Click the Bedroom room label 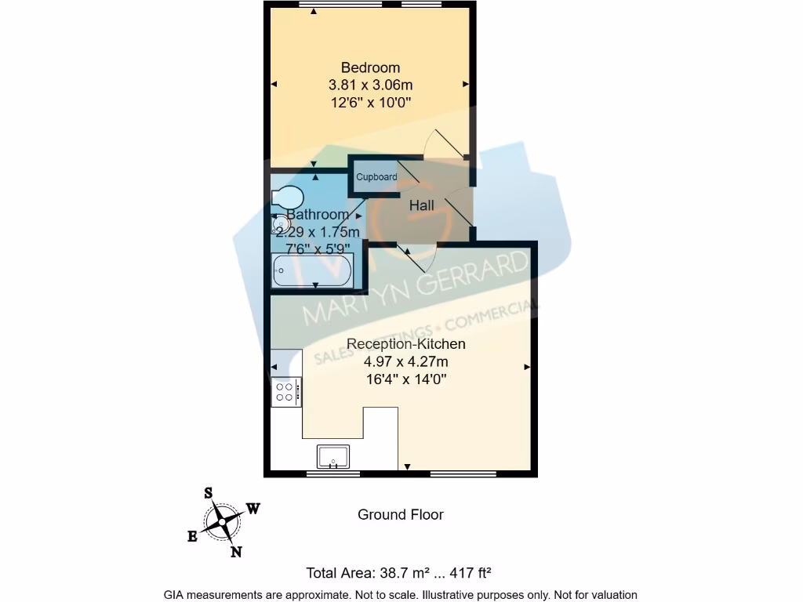[x=370, y=68]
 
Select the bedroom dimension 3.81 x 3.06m [x=370, y=85]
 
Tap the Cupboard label [x=376, y=177]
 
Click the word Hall [x=421, y=206]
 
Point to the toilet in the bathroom [x=286, y=197]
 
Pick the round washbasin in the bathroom [x=280, y=226]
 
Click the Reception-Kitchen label [x=406, y=344]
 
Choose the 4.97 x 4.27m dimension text [x=406, y=362]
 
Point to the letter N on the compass [x=235, y=552]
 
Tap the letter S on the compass [x=209, y=493]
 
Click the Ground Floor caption [x=401, y=515]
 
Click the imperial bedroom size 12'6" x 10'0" [x=370, y=102]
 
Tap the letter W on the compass [x=253, y=509]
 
